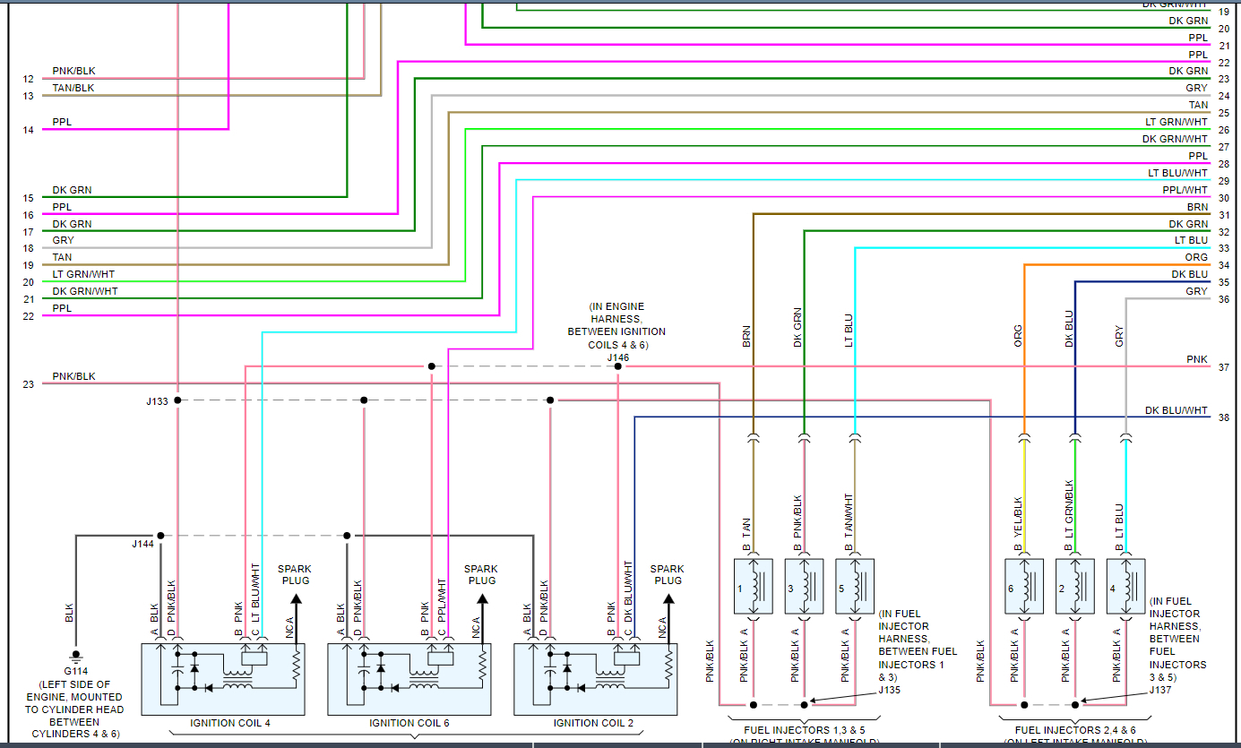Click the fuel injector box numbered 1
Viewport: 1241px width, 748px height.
[753, 588]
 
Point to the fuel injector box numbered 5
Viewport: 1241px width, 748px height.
[855, 588]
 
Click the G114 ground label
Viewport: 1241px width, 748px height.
[75, 671]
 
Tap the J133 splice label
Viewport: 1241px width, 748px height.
[157, 401]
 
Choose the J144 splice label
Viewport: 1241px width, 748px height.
[142, 543]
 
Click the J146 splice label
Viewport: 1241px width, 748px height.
[617, 357]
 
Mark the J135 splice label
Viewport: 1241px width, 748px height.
[889, 690]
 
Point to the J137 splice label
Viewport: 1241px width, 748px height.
[1161, 690]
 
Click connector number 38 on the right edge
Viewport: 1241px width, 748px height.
[1224, 418]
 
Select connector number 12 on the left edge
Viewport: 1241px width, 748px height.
[29, 79]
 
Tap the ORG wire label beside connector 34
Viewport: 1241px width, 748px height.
[1196, 257]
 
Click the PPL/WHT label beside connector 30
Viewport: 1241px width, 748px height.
[1185, 190]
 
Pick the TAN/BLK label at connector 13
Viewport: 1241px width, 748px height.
[73, 88]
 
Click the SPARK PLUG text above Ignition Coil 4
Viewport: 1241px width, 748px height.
[295, 574]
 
